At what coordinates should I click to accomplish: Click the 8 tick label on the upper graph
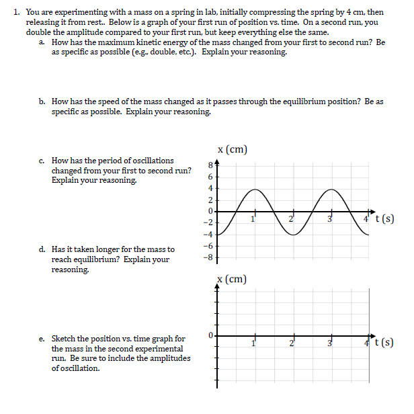pyautogui.click(x=210, y=164)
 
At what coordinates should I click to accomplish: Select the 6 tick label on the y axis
pyautogui.click(x=210, y=175)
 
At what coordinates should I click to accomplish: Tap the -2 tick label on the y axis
pyautogui.click(x=208, y=222)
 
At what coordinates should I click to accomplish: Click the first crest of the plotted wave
pyautogui.click(x=255, y=189)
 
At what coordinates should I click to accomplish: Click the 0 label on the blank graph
pyautogui.click(x=210, y=334)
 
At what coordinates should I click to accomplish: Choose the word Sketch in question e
pyautogui.click(x=64, y=339)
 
